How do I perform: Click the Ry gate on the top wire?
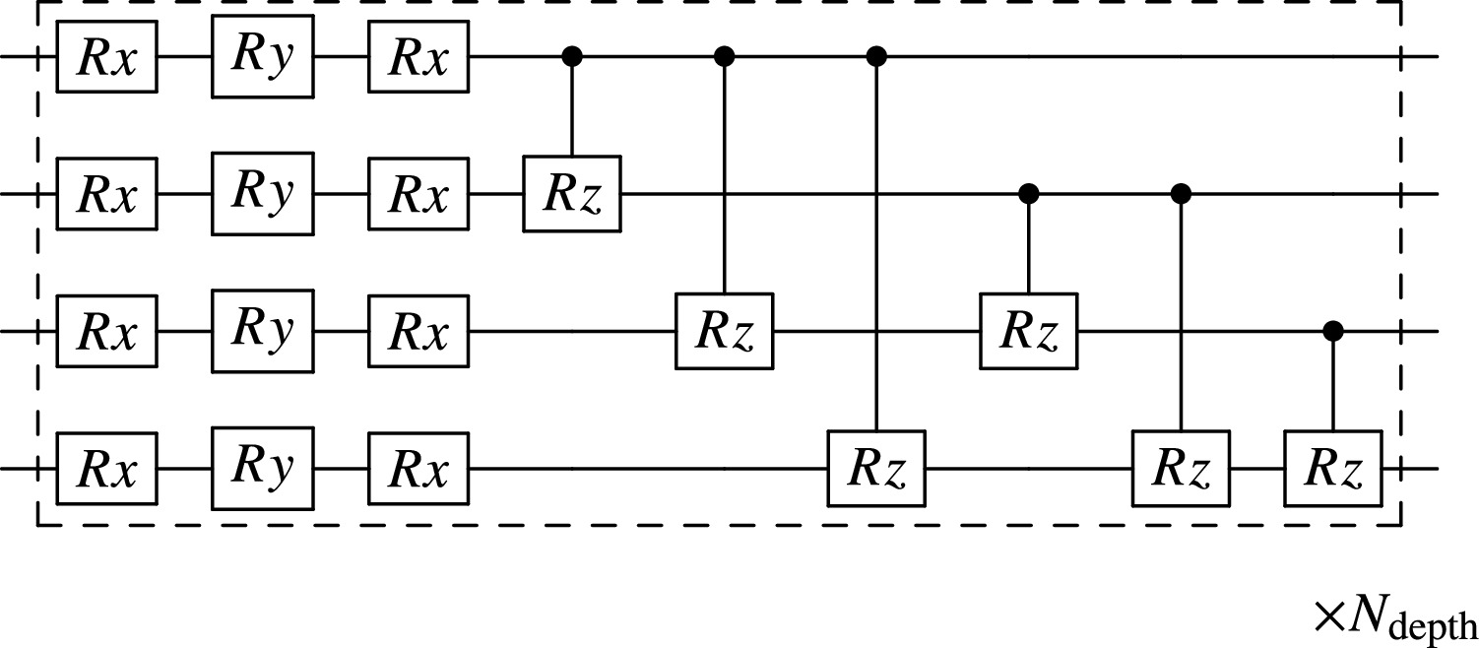click(x=262, y=57)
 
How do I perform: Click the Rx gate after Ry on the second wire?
click(x=418, y=195)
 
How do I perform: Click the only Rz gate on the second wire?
click(x=571, y=195)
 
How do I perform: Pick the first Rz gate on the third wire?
click(x=725, y=333)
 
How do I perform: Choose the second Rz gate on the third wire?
click(x=1029, y=333)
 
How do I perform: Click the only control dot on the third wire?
click(x=1333, y=333)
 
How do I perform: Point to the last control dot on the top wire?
click(x=876, y=57)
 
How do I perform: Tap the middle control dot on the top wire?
click(x=725, y=57)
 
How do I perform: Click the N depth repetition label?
click(x=1394, y=618)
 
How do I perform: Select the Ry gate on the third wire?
click(x=262, y=333)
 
